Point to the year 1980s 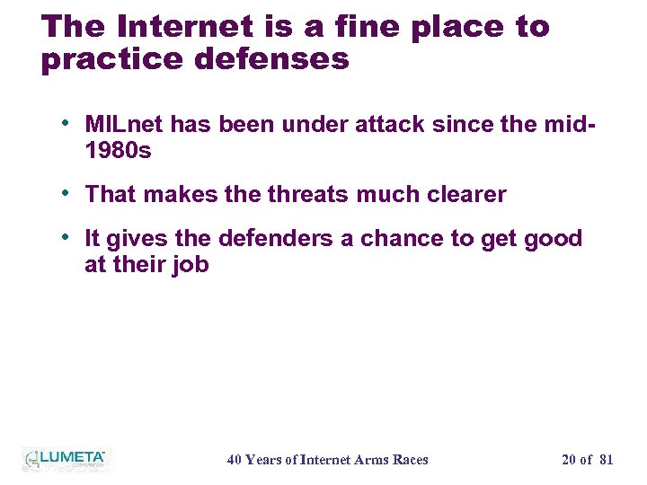pyautogui.click(x=118, y=150)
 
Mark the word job pyautogui.click(x=191, y=264)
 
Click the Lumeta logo pyautogui.click(x=65, y=459)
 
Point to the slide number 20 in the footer pyautogui.click(x=569, y=460)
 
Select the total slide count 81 pyautogui.click(x=606, y=460)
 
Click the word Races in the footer pyautogui.click(x=411, y=460)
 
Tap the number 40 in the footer pyautogui.click(x=235, y=460)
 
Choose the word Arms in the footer pyautogui.click(x=371, y=460)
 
